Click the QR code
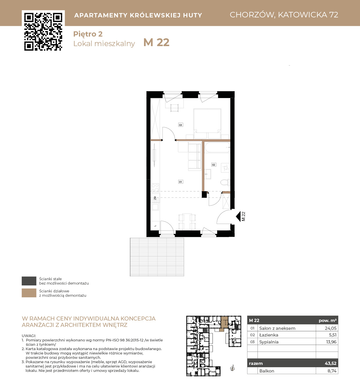click(x=43, y=32)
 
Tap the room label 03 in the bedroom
click(x=180, y=125)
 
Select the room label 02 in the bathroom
click(x=213, y=165)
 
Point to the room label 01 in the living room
click(x=180, y=182)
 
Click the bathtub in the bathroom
click(x=217, y=147)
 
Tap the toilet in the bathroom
click(x=225, y=182)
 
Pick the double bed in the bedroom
click(x=207, y=124)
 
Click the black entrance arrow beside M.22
click(x=238, y=216)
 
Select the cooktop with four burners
click(x=155, y=188)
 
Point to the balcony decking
click(x=157, y=257)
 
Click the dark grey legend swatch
click(x=29, y=281)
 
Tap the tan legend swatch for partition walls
click(x=29, y=293)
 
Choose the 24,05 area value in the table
click(x=330, y=328)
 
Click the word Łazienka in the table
click(x=269, y=335)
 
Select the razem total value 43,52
click(x=330, y=363)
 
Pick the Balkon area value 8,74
click(x=332, y=371)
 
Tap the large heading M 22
click(x=156, y=42)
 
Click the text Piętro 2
click(x=88, y=34)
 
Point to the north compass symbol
click(x=233, y=368)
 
